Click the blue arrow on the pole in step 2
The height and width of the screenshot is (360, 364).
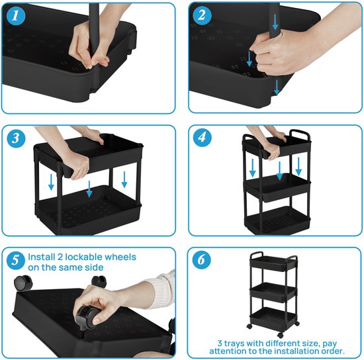click(x=250, y=60)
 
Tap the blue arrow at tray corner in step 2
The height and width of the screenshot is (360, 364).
click(x=277, y=85)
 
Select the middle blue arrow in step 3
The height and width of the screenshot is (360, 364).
click(x=89, y=190)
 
